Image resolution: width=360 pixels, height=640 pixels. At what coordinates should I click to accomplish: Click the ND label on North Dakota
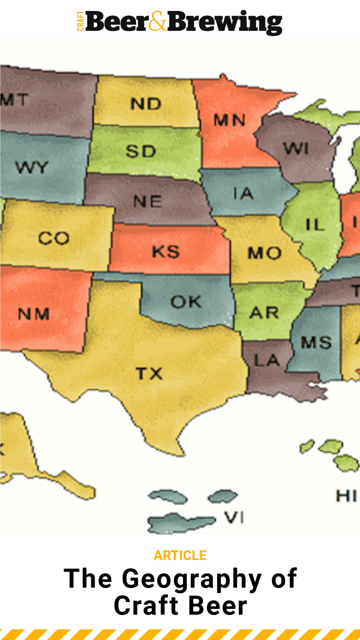[x=146, y=104]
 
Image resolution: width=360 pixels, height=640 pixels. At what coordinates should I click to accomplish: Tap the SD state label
[x=141, y=151]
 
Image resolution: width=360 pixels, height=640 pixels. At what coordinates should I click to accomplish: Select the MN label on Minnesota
[x=230, y=120]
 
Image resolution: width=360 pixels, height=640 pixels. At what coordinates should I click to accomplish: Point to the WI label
[x=296, y=148]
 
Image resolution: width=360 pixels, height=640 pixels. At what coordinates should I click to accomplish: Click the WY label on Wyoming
[x=32, y=167]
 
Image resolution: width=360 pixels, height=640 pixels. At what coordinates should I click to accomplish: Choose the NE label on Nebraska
[x=148, y=201]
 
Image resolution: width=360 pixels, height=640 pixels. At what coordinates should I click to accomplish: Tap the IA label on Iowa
[x=243, y=193]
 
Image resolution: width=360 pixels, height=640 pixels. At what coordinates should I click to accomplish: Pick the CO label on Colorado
[x=54, y=238]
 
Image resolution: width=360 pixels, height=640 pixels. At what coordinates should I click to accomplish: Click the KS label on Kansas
[x=166, y=251]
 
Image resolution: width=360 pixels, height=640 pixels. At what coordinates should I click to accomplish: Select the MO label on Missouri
[x=264, y=253]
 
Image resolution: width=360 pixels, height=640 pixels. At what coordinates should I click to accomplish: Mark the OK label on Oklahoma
[x=186, y=302]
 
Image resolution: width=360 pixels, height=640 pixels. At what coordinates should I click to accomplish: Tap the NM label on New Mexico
[x=34, y=314]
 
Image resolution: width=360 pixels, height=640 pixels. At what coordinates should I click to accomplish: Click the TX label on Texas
[x=149, y=373]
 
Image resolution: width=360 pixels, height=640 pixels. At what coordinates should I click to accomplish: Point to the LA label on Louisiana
[x=266, y=360]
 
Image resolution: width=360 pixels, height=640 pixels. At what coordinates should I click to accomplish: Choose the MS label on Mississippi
[x=316, y=342]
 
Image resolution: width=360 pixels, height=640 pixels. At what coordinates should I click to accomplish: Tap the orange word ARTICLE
[x=180, y=555]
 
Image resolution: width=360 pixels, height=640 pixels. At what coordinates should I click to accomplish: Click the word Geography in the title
[x=192, y=579]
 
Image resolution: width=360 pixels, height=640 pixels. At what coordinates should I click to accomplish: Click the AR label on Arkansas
[x=264, y=313]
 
